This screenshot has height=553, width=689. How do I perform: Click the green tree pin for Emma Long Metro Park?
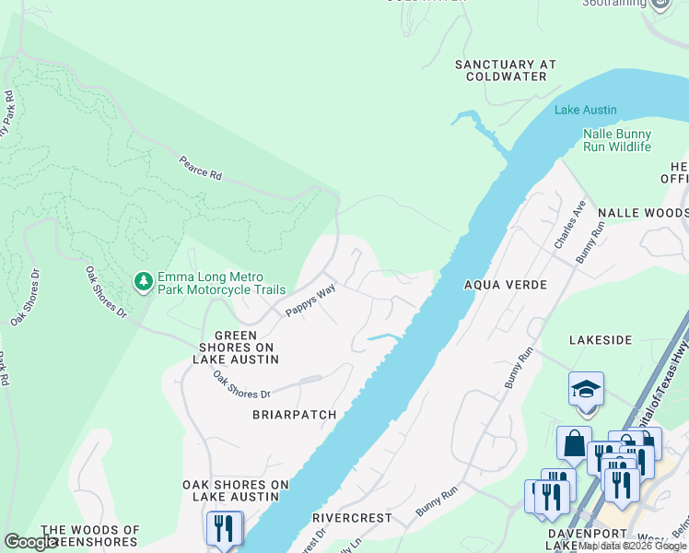click(x=143, y=283)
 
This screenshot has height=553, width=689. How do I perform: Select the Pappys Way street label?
click(x=309, y=300)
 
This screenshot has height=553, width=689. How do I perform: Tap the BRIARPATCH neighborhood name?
click(x=294, y=415)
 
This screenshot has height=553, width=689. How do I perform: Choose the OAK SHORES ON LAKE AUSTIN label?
click(x=236, y=490)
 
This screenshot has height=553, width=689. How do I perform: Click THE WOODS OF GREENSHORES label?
click(x=90, y=535)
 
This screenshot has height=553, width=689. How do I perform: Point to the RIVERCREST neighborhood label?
click(x=352, y=518)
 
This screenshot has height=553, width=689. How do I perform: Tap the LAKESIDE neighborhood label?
click(x=601, y=340)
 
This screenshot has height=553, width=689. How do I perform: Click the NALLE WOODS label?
click(x=643, y=212)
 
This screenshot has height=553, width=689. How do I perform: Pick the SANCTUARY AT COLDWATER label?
click(x=507, y=70)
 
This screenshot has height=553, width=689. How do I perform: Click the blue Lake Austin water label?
click(x=585, y=110)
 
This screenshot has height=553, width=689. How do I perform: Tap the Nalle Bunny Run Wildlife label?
click(x=616, y=140)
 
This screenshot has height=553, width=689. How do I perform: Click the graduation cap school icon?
click(x=586, y=390)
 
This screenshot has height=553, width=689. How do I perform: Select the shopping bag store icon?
click(x=574, y=443)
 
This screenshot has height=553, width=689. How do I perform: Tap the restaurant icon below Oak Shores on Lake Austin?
click(x=224, y=528)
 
